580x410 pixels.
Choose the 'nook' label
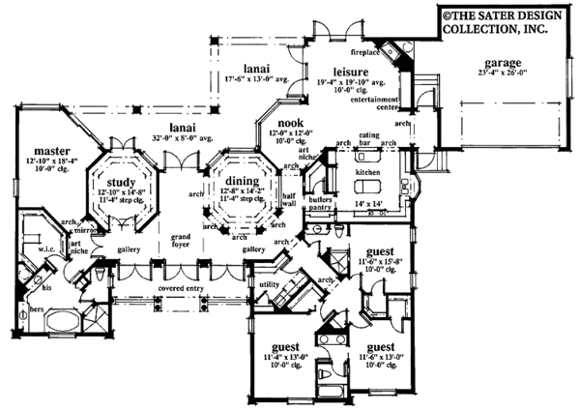[x=292, y=123]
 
